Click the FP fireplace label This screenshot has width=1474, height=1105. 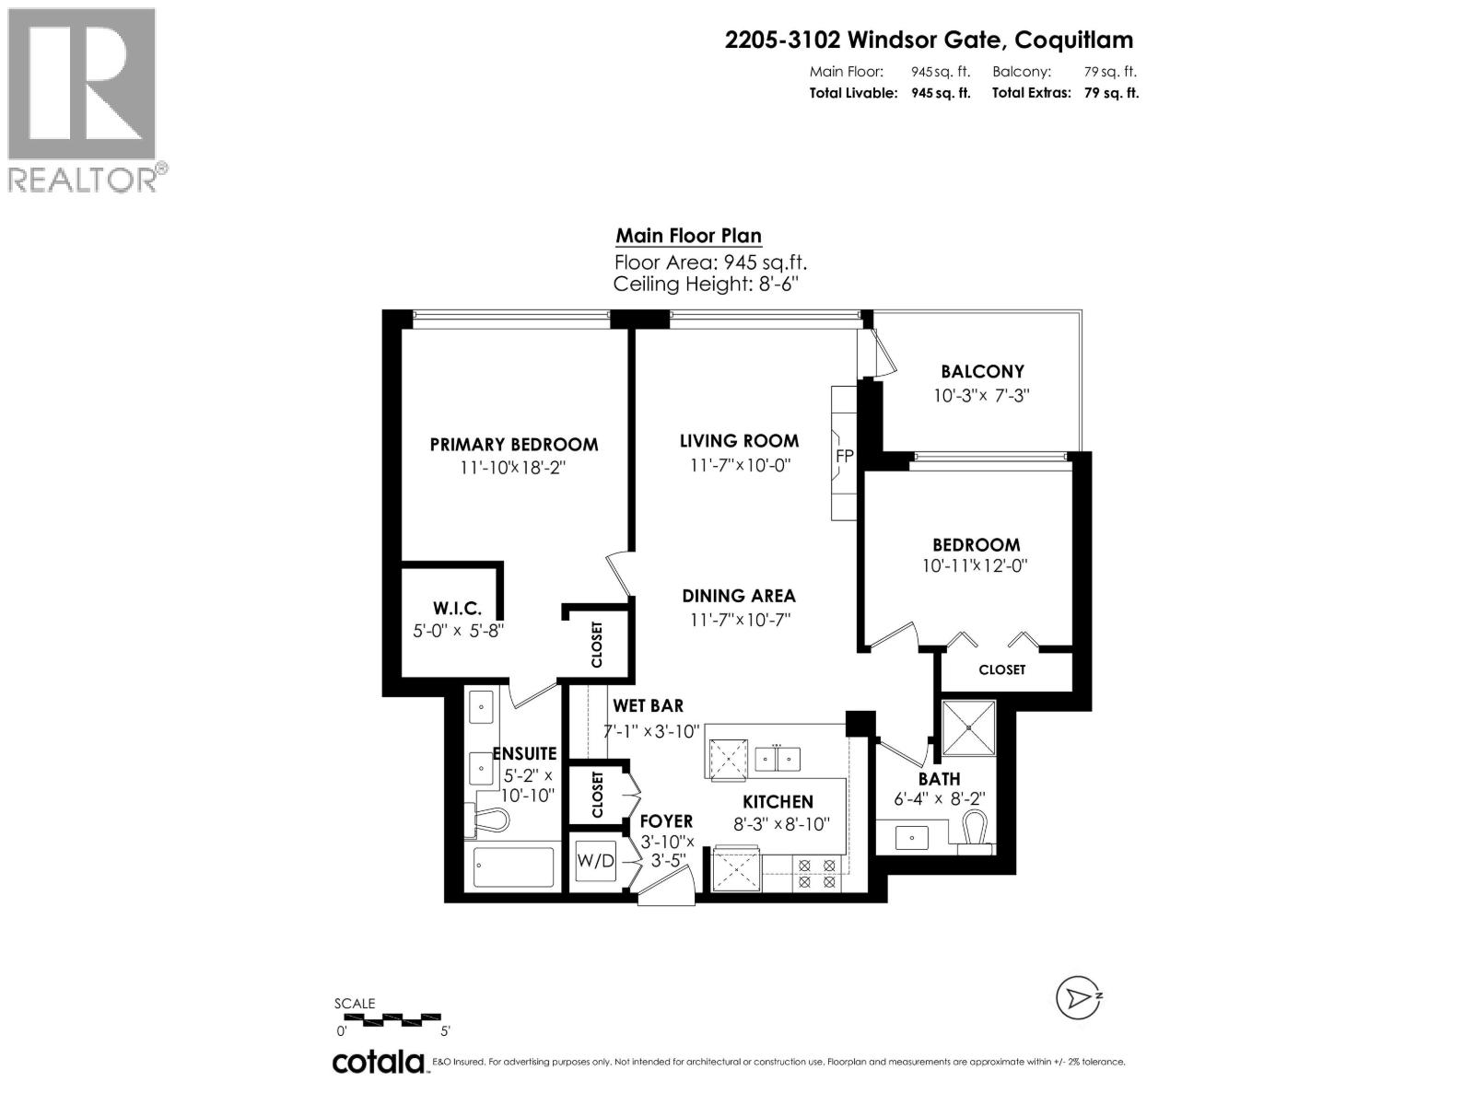[x=844, y=457]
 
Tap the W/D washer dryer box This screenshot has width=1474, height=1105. [x=595, y=861]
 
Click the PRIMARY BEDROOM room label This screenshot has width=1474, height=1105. [x=514, y=445]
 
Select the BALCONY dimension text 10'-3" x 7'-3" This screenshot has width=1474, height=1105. [x=981, y=396]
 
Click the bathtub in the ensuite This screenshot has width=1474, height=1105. [x=514, y=867]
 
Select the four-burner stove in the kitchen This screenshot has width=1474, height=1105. [x=817, y=874]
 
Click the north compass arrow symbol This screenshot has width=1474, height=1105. [x=1078, y=997]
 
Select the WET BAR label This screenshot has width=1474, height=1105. [x=648, y=706]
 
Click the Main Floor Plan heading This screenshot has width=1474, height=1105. [x=688, y=236]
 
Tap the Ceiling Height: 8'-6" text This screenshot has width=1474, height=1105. [x=705, y=285]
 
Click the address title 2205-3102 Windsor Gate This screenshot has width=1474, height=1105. [x=929, y=40]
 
